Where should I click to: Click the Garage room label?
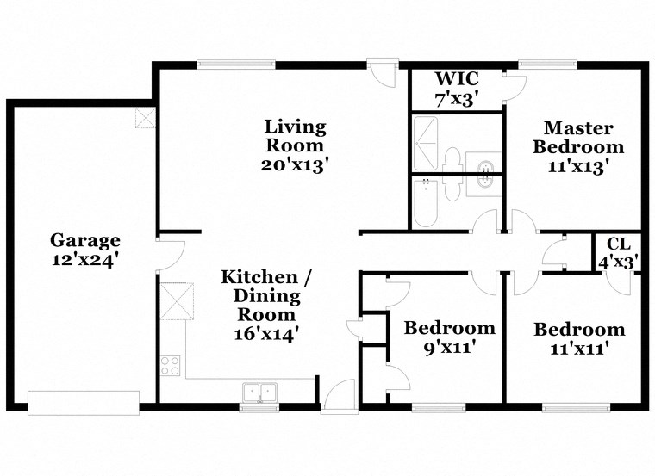pos(84,240)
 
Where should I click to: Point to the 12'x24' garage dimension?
pos(84,258)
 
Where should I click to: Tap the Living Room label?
pos(295,136)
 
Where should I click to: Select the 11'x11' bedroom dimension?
pos(578,349)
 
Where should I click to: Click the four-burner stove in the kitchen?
pos(170,366)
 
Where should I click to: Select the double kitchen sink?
pos(259,392)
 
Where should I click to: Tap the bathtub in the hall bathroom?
pos(426,203)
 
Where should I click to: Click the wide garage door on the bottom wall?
pos(83,402)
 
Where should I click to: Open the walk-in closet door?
pos(515,87)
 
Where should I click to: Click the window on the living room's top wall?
pos(235,63)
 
